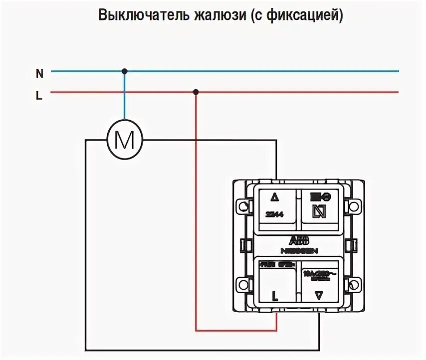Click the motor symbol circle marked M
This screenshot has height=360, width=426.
(x=125, y=140)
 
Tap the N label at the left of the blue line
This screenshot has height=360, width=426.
(x=39, y=73)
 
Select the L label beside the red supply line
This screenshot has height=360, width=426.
(x=39, y=96)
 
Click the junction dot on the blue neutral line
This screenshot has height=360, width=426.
(x=125, y=71)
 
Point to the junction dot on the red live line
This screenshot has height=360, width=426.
(x=196, y=92)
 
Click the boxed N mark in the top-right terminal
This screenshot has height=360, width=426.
(x=318, y=212)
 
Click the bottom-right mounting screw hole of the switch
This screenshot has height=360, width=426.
(x=354, y=285)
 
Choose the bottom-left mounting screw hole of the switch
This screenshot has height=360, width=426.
(x=243, y=285)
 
